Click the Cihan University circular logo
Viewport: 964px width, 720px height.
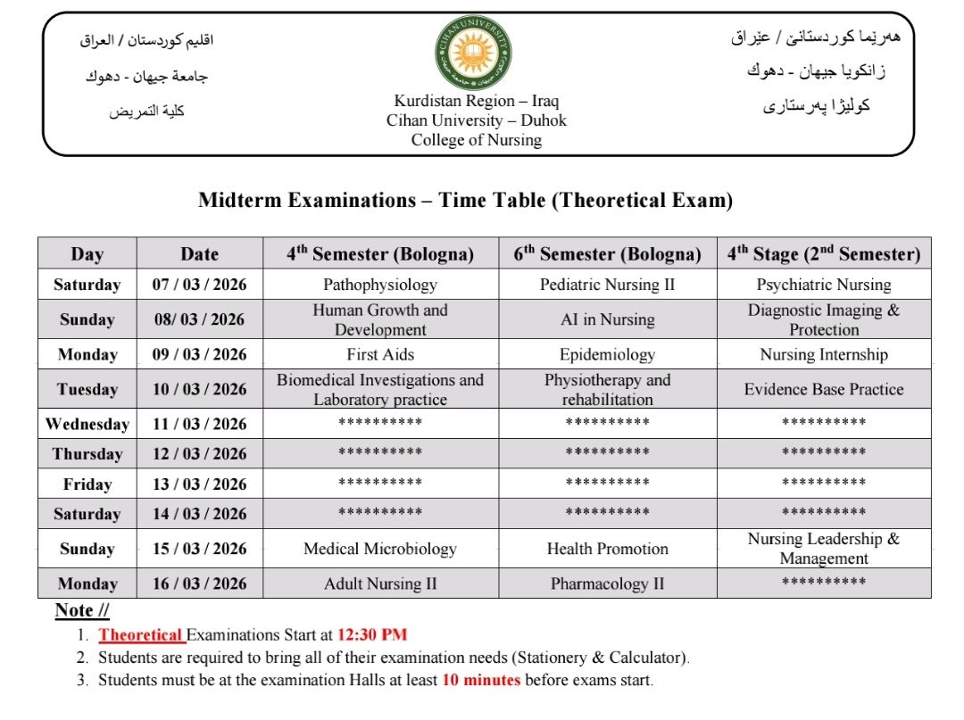pyautogui.click(x=473, y=54)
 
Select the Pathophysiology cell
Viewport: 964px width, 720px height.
pyautogui.click(x=380, y=285)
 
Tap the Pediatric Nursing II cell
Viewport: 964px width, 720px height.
pyautogui.click(x=607, y=285)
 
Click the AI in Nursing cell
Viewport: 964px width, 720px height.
pyautogui.click(x=607, y=319)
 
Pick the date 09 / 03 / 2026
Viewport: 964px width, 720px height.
pyautogui.click(x=199, y=354)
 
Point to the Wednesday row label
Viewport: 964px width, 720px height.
pyautogui.click(x=87, y=424)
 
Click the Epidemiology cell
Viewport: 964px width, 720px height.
pyautogui.click(x=607, y=354)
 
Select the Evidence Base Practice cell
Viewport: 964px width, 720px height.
pyautogui.click(x=824, y=389)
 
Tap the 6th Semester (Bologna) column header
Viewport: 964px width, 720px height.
pyautogui.click(x=607, y=253)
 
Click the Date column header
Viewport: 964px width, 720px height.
pyautogui.click(x=199, y=253)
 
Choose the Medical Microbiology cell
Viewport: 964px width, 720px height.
pyautogui.click(x=380, y=549)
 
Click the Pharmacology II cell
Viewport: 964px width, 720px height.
pyautogui.click(x=607, y=584)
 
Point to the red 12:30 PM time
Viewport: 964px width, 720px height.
pyautogui.click(x=371, y=635)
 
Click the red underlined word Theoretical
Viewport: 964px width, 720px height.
pyautogui.click(x=140, y=635)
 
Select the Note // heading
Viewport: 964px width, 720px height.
pyautogui.click(x=82, y=610)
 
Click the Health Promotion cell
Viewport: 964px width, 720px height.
pyautogui.click(x=607, y=549)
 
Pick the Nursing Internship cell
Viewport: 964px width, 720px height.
pyautogui.click(x=824, y=354)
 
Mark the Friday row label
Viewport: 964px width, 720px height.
pyautogui.click(x=87, y=484)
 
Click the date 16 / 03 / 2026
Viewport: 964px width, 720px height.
pyautogui.click(x=199, y=584)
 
